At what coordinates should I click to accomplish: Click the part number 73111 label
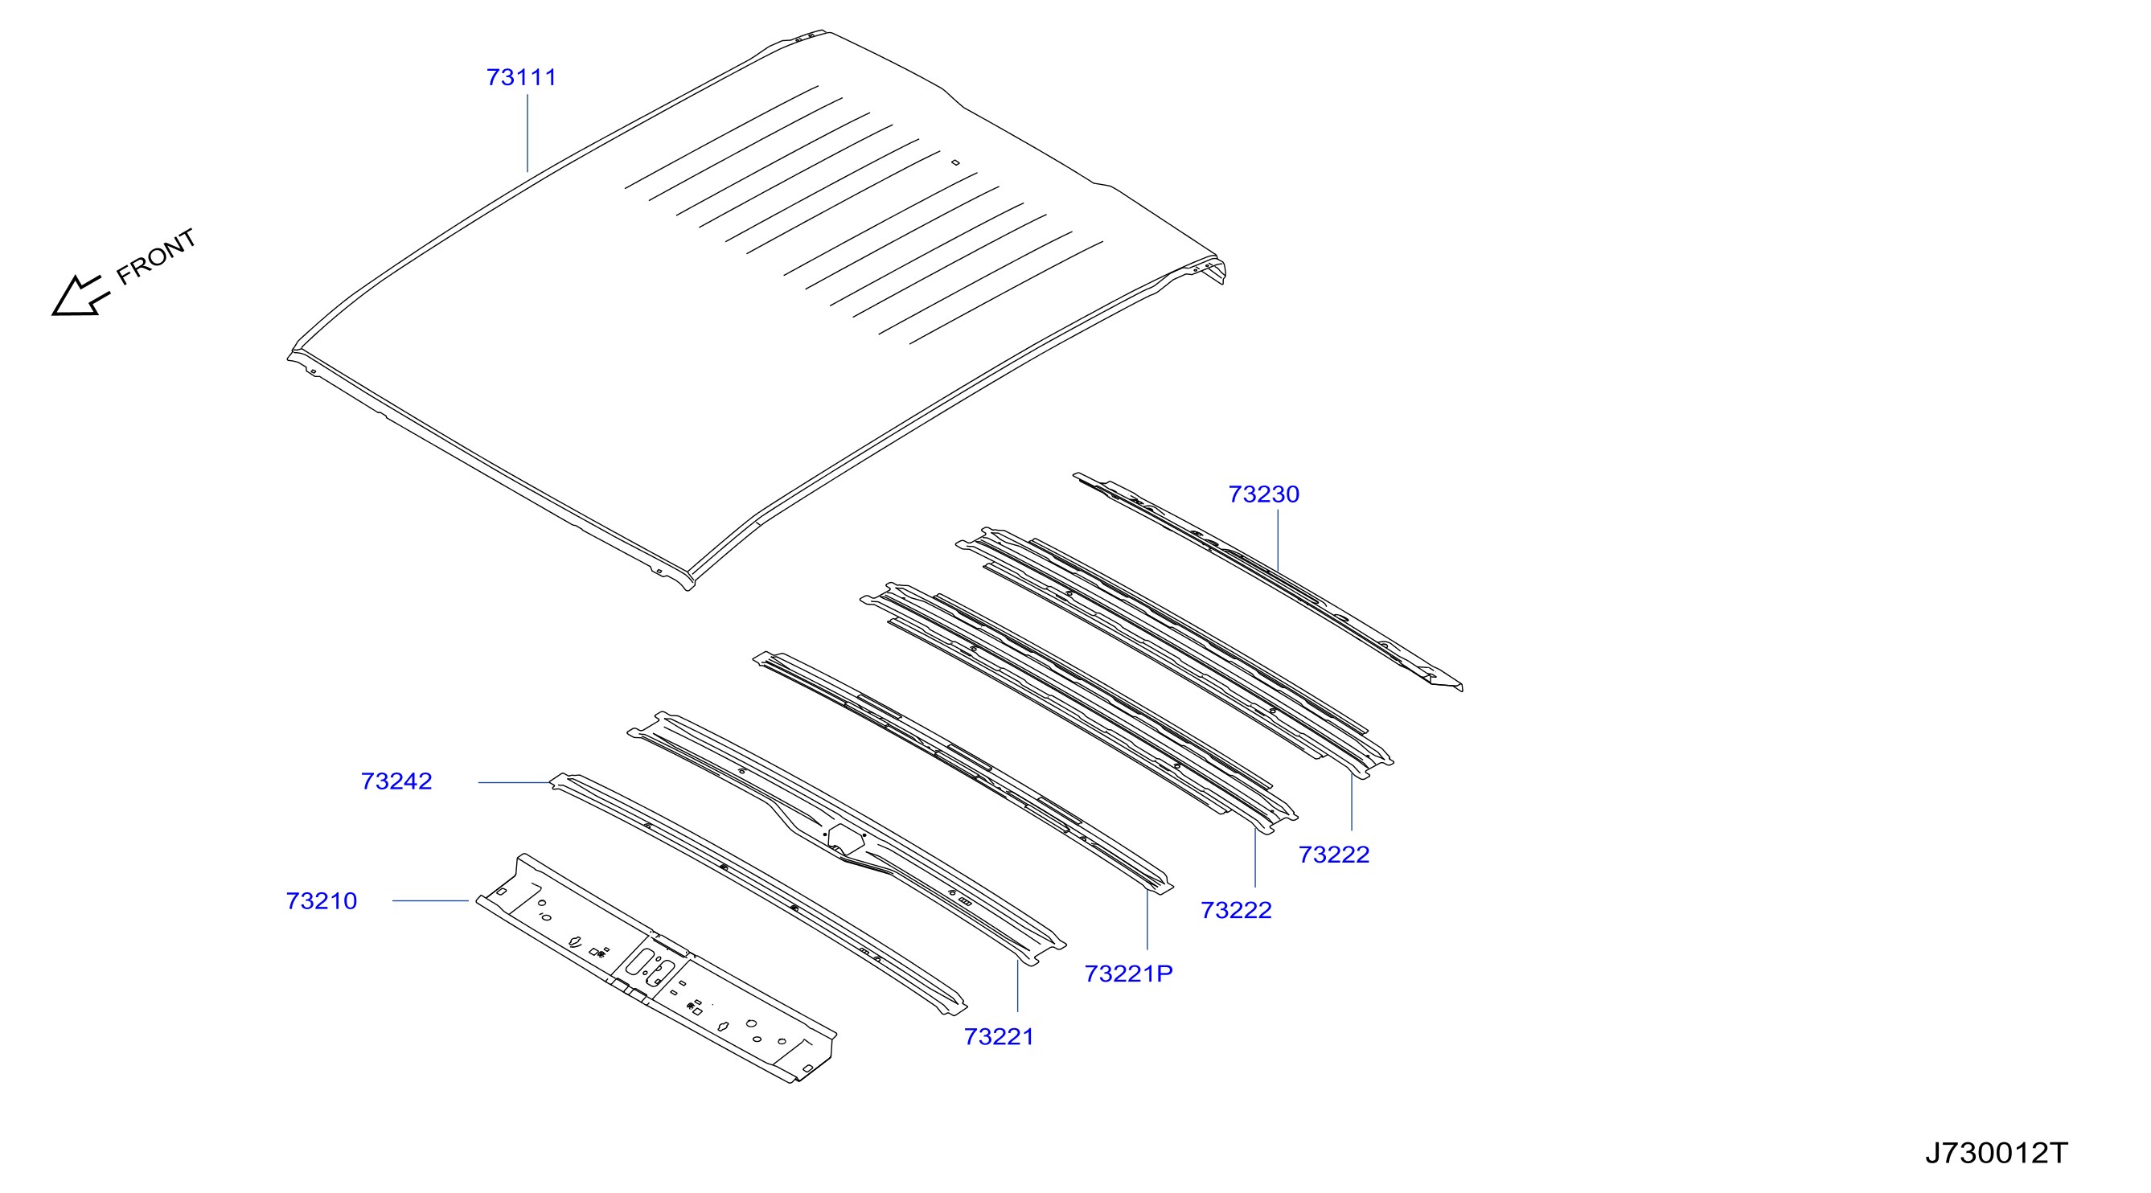point(521,78)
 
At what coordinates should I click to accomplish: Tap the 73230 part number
point(1263,494)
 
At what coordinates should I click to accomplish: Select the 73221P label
point(1128,974)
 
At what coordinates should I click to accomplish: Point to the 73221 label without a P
point(999,1037)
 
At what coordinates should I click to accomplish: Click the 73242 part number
point(396,781)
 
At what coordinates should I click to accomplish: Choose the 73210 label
point(322,902)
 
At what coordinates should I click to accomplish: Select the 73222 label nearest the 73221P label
point(1236,910)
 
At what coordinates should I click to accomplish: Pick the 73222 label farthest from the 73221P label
point(1333,855)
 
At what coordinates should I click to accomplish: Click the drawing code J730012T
point(1997,1153)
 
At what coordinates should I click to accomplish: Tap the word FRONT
point(156,256)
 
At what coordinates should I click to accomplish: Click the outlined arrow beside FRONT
point(80,297)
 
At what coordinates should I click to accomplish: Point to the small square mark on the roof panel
point(955,163)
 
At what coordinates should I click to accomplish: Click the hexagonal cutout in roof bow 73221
point(846,839)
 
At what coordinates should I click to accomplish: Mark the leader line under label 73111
point(527,133)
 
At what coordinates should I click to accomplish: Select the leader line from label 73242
point(515,782)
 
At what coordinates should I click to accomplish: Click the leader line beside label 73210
point(430,901)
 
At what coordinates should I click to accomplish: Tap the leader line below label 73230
point(1278,540)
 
